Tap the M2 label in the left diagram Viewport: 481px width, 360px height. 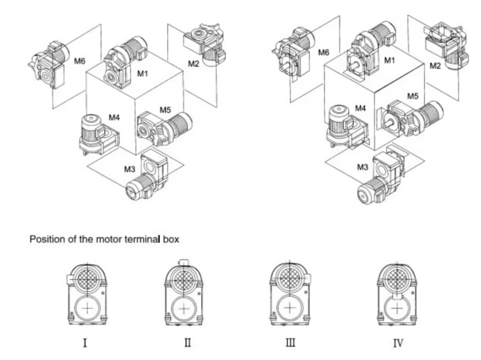point(193,64)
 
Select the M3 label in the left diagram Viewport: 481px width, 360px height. point(130,170)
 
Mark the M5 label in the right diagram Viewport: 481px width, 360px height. point(411,96)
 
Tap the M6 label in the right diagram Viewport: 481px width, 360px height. point(323,53)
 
